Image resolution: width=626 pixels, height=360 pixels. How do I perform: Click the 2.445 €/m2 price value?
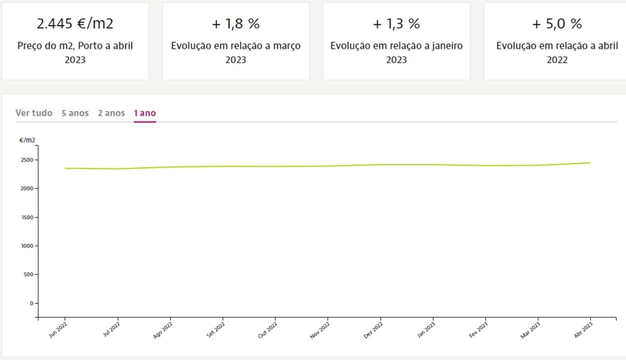pos(75,24)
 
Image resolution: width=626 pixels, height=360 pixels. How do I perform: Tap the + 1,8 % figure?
pos(236,24)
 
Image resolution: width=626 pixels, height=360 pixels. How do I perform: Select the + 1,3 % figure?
pos(396,24)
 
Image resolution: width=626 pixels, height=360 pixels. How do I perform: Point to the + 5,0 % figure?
pos(557,24)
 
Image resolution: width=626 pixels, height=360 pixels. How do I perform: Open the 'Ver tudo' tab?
pos(34,113)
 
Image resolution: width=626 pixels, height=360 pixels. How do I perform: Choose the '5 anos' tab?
pos(75,113)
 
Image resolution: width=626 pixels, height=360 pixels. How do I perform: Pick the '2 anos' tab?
pos(111,113)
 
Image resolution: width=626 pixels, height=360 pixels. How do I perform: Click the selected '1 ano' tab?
pos(145,113)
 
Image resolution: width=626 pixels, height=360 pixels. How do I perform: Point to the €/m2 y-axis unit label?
pos(27,140)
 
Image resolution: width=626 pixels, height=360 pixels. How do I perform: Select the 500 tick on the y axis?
pos(28,274)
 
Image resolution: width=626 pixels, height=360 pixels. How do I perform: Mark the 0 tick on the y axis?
pos(32,303)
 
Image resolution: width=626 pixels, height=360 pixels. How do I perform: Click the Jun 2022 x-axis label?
pos(58,331)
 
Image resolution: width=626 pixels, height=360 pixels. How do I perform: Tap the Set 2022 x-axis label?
pos(216,331)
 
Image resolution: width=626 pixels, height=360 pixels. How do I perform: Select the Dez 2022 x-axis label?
pos(374,331)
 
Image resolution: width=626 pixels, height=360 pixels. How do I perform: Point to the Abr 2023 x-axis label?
pos(583,331)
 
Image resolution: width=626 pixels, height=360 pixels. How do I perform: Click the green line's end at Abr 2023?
pos(590,163)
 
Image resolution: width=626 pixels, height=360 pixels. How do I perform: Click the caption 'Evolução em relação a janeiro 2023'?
pos(396,53)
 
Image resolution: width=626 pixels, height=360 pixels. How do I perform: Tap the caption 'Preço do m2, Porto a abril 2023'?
pos(75,53)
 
